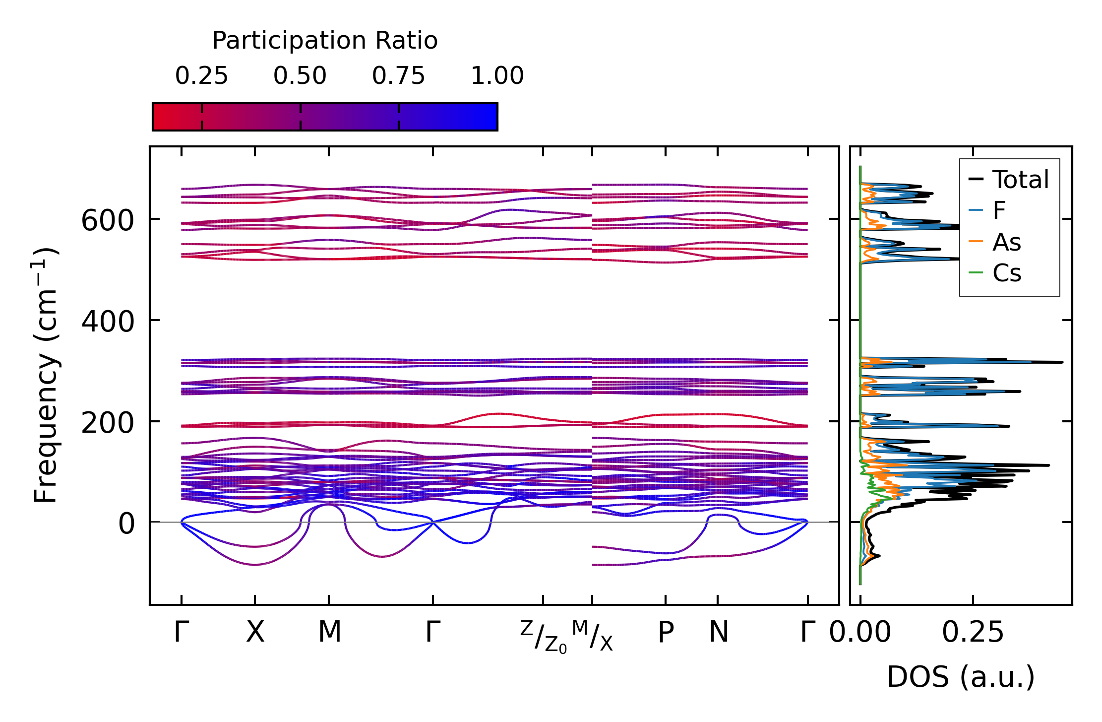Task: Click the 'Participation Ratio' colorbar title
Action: pos(325,41)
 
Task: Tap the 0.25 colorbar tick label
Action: pos(201,76)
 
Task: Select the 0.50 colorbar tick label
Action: pos(300,76)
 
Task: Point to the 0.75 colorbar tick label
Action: pos(399,76)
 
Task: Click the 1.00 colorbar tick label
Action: pos(497,76)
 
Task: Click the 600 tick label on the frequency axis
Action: pos(108,220)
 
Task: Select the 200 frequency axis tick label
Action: pos(108,423)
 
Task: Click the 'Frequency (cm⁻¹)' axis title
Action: pos(46,375)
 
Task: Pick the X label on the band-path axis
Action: pos(255,632)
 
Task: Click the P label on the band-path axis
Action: pos(666,633)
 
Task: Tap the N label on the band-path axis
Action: pos(719,632)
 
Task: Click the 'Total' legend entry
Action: pos(1020,180)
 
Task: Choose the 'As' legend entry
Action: pos(1006,243)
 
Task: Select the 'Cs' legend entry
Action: pos(1007,273)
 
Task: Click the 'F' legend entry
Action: pos(999,211)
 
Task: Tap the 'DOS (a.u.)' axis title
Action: pos(961,677)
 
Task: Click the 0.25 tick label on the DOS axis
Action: pos(973,633)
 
